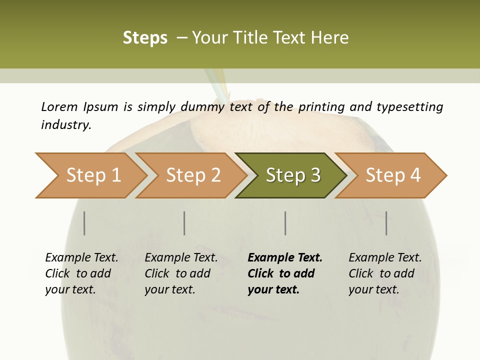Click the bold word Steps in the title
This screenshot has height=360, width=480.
tap(145, 38)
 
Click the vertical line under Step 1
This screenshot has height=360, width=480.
tap(84, 223)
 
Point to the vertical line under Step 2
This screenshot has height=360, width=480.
tap(184, 223)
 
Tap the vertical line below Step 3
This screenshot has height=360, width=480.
tap(285, 223)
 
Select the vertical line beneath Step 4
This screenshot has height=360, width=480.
tap(386, 223)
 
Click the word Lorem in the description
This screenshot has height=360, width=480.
tap(59, 106)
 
